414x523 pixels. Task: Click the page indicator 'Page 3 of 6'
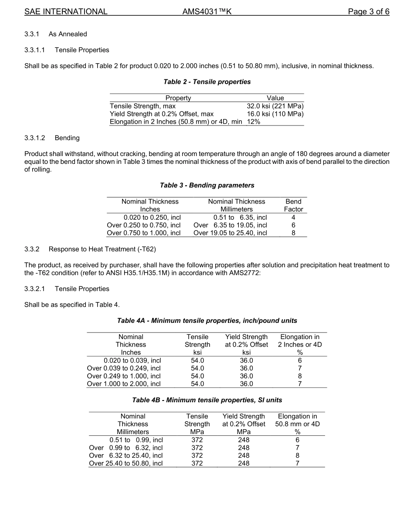[368, 12]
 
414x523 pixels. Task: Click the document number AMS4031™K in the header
[207, 12]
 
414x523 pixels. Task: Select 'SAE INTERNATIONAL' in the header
[66, 12]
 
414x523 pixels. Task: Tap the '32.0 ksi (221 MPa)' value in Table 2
[275, 106]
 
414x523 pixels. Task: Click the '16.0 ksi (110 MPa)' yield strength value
[275, 114]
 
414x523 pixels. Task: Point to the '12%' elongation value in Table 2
[254, 122]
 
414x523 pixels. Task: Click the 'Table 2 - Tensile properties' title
[207, 82]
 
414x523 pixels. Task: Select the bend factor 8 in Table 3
[293, 233]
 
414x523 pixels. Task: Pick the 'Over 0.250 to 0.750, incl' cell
[144, 225]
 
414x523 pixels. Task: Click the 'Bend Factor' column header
[293, 205]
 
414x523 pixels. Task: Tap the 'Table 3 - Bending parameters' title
[207, 185]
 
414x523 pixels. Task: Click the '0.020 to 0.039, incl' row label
[132, 360]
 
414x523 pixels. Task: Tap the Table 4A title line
[207, 320]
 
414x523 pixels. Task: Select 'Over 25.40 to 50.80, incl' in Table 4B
[126, 463]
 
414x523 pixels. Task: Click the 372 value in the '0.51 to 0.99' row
[197, 440]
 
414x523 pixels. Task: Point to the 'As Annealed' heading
[68, 34]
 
